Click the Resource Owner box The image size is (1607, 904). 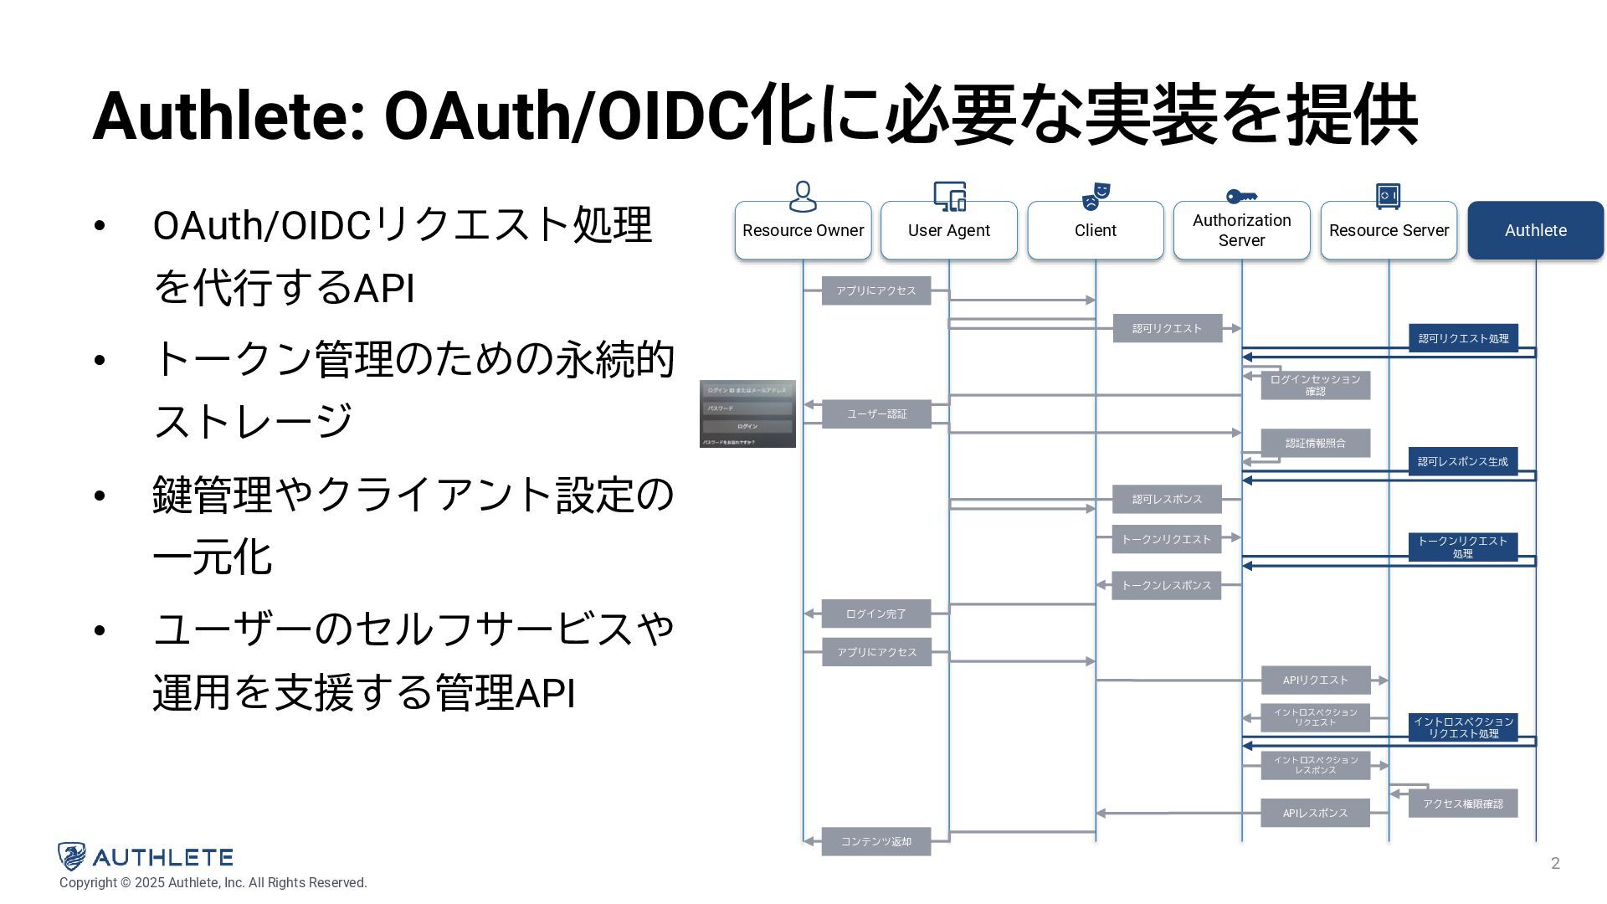tap(803, 230)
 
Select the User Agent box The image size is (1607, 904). tap(948, 230)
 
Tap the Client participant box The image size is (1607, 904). tap(1095, 230)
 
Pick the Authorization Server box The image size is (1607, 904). tap(1241, 230)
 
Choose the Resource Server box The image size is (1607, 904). tap(1389, 230)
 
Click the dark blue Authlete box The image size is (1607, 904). tap(1535, 230)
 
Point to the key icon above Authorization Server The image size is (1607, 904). tap(1241, 196)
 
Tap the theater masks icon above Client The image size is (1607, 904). tap(1095, 196)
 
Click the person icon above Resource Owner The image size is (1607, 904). tap(803, 196)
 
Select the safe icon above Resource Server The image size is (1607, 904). tap(1388, 196)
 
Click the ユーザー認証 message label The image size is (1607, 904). tap(876, 413)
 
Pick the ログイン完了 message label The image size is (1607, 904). tap(875, 614)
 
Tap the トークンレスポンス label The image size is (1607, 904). tap(1166, 585)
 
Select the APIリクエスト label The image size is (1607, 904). tap(1315, 680)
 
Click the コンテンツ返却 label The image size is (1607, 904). tap(875, 841)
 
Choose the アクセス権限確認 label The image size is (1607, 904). tap(1462, 804)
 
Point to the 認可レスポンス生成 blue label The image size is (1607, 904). tap(1462, 461)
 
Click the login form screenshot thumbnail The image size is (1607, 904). tap(747, 413)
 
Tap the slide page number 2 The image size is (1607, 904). tap(1555, 863)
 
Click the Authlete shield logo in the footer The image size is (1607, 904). tap(72, 856)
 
